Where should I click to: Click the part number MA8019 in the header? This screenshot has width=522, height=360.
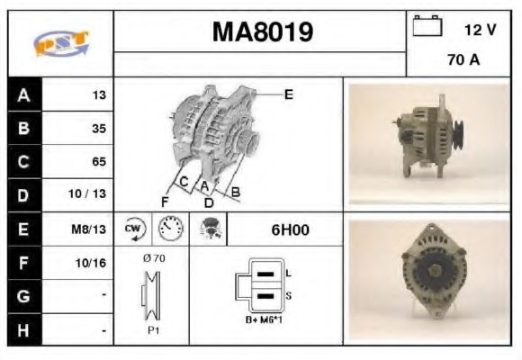coord(262,32)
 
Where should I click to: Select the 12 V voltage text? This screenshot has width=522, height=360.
coord(480,30)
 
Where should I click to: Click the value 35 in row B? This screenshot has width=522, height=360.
coord(98,129)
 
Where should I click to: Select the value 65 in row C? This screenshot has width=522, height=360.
coord(98,162)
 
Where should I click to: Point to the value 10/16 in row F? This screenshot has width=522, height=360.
coord(92,262)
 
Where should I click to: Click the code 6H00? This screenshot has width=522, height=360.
coord(290,229)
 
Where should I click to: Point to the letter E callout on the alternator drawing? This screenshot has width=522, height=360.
coord(288,94)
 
